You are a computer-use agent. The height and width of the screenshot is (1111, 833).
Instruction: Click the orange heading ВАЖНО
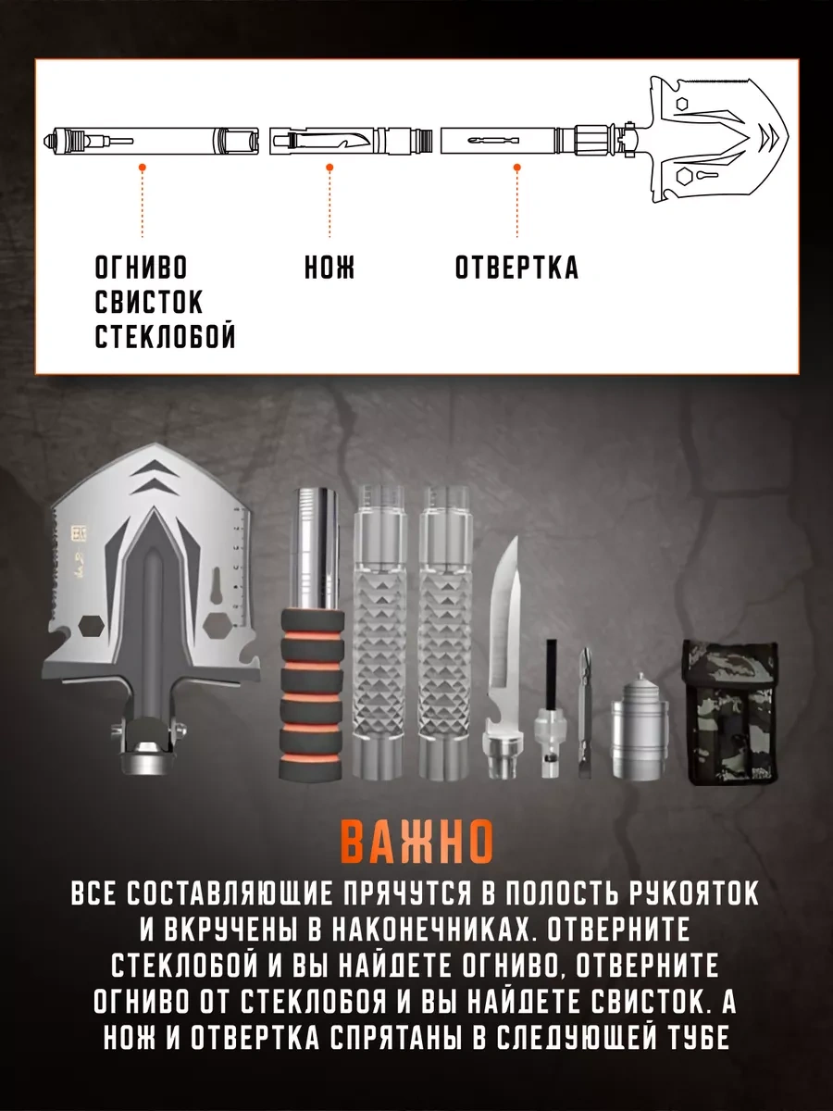(416, 841)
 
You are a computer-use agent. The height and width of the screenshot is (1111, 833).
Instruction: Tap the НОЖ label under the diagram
(329, 268)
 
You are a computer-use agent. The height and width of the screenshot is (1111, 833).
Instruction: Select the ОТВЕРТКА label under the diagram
(516, 268)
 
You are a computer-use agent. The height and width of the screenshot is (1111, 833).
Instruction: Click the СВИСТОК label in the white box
(149, 303)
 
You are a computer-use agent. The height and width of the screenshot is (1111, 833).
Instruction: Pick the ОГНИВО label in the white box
(141, 268)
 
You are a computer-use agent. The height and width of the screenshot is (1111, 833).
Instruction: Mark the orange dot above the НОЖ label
(329, 168)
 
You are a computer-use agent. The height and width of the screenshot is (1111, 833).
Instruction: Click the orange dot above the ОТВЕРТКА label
(516, 168)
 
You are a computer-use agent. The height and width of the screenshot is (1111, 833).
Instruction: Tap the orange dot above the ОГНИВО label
(142, 168)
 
